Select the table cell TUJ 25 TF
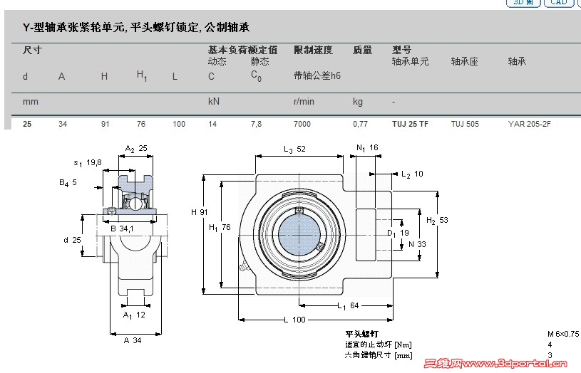(410, 124)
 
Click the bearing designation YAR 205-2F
(529, 124)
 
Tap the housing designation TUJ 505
(465, 124)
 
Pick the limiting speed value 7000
(302, 124)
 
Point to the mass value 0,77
(360, 124)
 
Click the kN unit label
(213, 102)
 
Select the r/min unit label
(304, 102)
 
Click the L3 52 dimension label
(295, 149)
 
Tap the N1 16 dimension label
(367, 147)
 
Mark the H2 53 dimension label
(437, 221)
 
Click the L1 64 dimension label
(348, 306)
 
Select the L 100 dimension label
(294, 320)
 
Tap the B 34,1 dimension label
(122, 228)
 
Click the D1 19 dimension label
(397, 232)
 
